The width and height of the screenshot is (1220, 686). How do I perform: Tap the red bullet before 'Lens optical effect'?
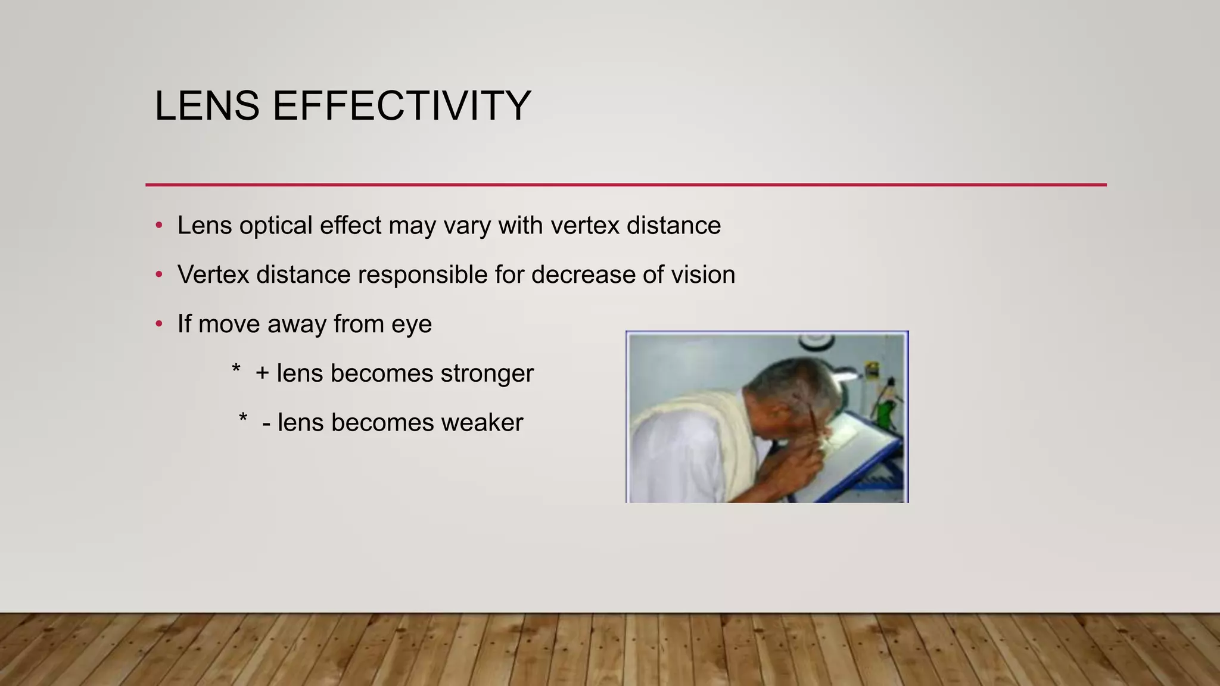coord(158,226)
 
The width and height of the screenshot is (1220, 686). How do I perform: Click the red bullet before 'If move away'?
coord(158,325)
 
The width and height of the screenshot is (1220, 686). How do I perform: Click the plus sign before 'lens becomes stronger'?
coord(262,374)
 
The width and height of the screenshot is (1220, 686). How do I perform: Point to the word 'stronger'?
coord(487,374)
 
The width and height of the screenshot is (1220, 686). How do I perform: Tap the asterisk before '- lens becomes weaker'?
coord(242,418)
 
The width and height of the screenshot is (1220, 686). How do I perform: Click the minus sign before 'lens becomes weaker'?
coord(266,425)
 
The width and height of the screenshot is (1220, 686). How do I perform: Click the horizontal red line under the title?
coord(625,185)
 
